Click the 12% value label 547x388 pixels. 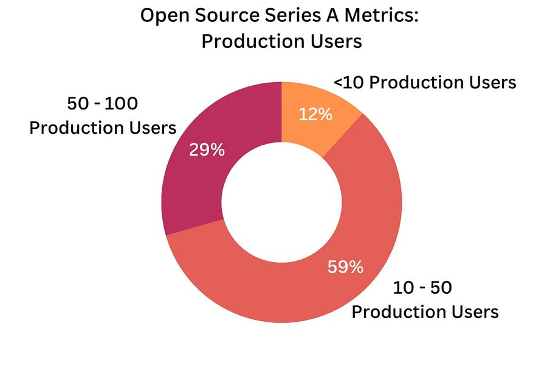[315, 115]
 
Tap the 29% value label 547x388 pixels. [207, 150]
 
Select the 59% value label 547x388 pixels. [345, 266]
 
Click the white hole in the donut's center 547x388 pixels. [281, 200]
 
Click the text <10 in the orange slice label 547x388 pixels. [349, 82]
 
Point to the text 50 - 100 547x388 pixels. [102, 104]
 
